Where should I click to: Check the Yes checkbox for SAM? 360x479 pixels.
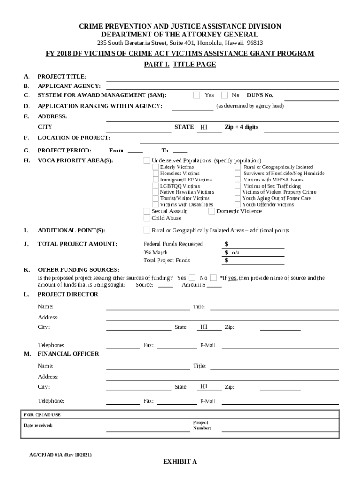[x=197, y=95]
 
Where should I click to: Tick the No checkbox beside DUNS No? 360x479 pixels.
[x=224, y=95]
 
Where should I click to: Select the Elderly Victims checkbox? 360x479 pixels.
[x=156, y=167]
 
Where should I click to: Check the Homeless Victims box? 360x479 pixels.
[x=156, y=174]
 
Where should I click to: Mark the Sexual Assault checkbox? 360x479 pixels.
[x=147, y=211]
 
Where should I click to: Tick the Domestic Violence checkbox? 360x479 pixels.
[x=211, y=211]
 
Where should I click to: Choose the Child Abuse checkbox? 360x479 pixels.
[x=147, y=218]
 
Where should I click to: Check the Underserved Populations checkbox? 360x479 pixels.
[x=147, y=160]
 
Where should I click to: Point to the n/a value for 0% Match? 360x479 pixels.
[x=236, y=253]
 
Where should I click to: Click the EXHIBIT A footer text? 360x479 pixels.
[x=180, y=462]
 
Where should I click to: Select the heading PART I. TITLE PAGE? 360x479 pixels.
[x=180, y=65]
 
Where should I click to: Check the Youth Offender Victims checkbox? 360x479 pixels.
[x=238, y=204]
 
